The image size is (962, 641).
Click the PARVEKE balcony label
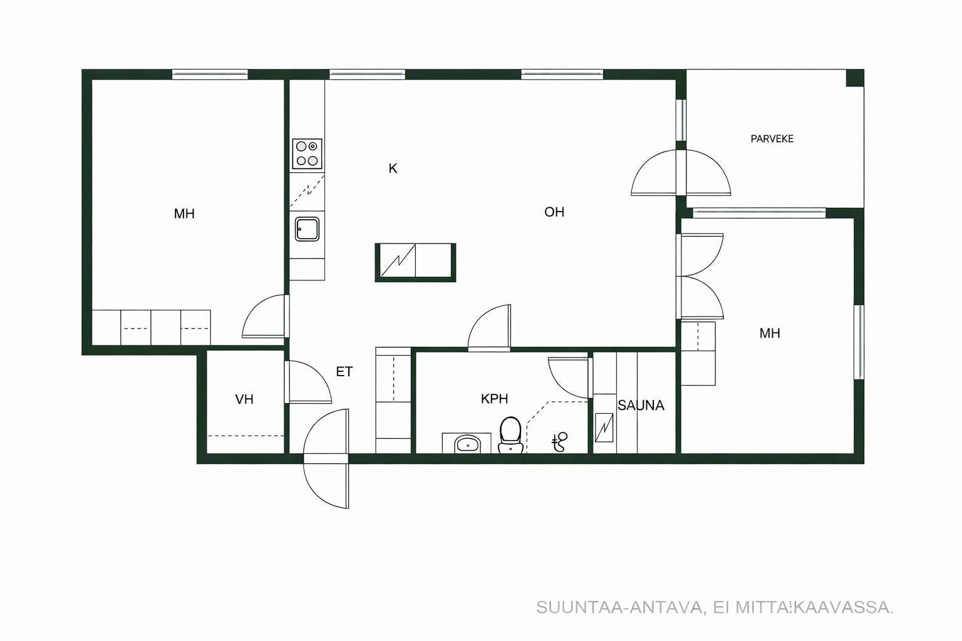coord(772,139)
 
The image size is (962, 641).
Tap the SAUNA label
coord(641,405)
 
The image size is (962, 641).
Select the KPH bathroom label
coord(494,399)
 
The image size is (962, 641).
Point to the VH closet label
coord(244,399)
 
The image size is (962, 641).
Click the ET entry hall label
coord(344,371)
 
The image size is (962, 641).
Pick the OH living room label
coord(554,212)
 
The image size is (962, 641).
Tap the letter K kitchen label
coord(393,169)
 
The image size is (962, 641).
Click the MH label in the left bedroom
coord(184,213)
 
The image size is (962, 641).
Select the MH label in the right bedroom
coord(770,333)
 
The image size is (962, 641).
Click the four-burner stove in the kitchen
coord(307,154)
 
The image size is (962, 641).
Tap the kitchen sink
coord(307,229)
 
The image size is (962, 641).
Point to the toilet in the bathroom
coord(510,434)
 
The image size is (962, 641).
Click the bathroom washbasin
coord(467,444)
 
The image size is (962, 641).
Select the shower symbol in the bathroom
coord(559,442)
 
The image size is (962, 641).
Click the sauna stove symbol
coord(604,427)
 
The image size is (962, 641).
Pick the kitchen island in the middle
coord(415,262)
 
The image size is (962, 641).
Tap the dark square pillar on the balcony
coord(855,78)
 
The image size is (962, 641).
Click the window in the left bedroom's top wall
coord(210,74)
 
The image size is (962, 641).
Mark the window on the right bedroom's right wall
coord(859,342)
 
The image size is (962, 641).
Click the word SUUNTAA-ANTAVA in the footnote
coord(620,608)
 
